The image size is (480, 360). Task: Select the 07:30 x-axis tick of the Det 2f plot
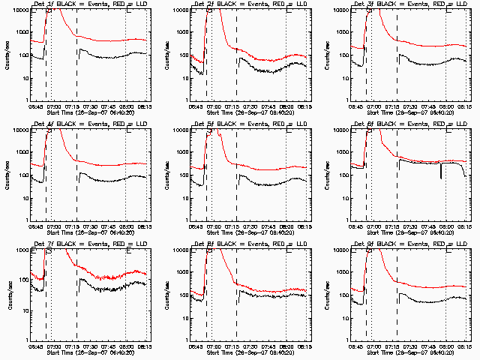tap(248, 107)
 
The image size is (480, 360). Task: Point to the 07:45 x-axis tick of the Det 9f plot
tap(426, 347)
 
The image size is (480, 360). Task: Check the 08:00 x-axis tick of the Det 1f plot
tap(126, 107)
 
